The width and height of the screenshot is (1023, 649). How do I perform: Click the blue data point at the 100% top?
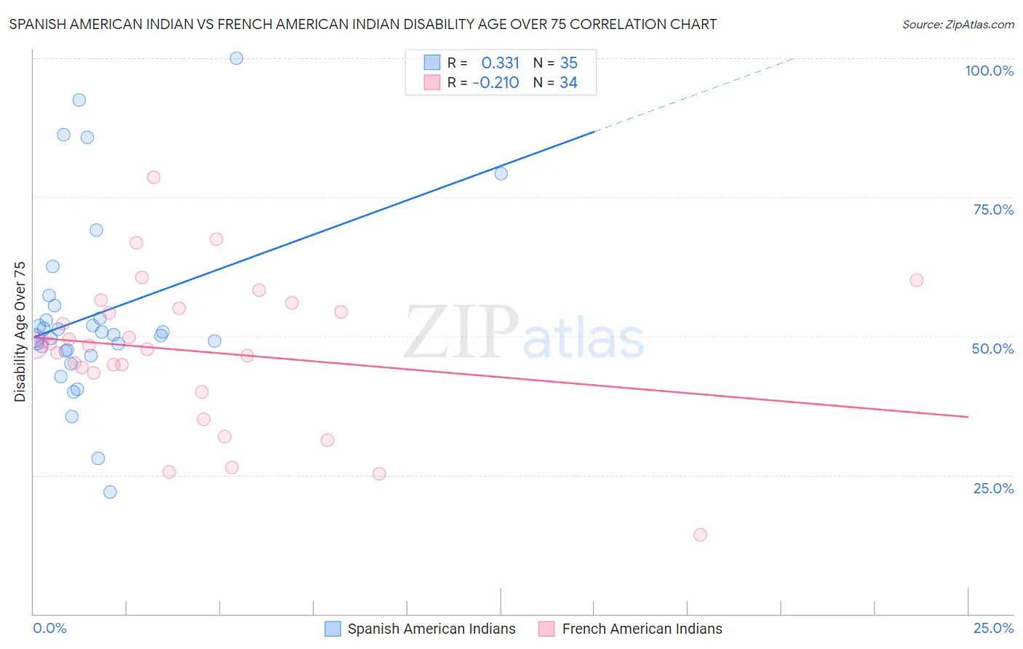(x=236, y=58)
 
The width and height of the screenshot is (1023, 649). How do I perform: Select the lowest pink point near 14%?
(x=700, y=535)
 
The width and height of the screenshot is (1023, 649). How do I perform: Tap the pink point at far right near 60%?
(x=917, y=280)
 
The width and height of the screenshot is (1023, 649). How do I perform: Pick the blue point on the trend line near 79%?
(x=501, y=174)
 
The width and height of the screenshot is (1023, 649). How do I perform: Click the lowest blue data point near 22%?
(x=110, y=492)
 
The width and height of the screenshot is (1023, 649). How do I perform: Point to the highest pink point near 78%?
(x=154, y=178)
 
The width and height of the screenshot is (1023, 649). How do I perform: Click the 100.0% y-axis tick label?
(x=989, y=71)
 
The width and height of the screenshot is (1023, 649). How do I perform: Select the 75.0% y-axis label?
(x=993, y=210)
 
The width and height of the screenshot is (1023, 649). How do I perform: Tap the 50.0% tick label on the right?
(x=992, y=349)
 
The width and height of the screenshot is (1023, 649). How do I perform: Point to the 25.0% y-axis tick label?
(x=993, y=488)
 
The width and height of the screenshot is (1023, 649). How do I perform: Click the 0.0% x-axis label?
(x=49, y=628)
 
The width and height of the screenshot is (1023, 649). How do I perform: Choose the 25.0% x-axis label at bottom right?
(x=993, y=628)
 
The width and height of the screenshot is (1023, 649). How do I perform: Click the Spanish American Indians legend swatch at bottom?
(x=333, y=629)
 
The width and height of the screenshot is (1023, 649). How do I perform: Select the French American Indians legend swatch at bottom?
(x=546, y=629)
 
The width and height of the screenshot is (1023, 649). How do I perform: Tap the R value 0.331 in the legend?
(x=501, y=63)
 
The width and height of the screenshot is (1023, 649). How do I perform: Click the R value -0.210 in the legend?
(x=496, y=83)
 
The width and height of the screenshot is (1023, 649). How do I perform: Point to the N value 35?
(x=569, y=63)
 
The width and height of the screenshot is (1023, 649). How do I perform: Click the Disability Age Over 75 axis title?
(x=20, y=332)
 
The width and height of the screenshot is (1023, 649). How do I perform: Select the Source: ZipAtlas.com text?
(x=958, y=25)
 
